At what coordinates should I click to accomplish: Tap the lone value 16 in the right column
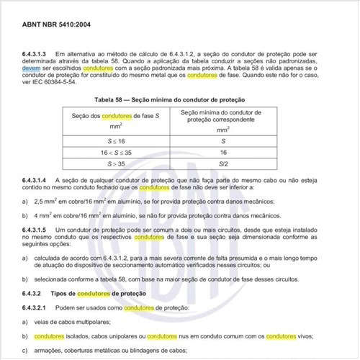click(224, 153)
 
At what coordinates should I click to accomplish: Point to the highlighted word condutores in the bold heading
click(92, 294)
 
